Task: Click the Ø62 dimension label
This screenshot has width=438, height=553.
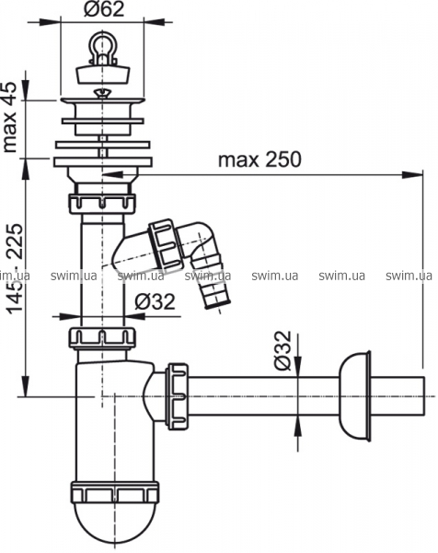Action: (104, 9)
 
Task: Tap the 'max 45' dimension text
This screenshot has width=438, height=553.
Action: (9, 117)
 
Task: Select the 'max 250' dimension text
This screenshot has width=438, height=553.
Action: (259, 159)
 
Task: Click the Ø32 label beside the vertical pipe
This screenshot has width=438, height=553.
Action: (155, 302)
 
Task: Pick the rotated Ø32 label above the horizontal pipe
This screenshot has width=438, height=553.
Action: (283, 350)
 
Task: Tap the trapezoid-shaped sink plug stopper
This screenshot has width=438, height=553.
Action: (103, 73)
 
